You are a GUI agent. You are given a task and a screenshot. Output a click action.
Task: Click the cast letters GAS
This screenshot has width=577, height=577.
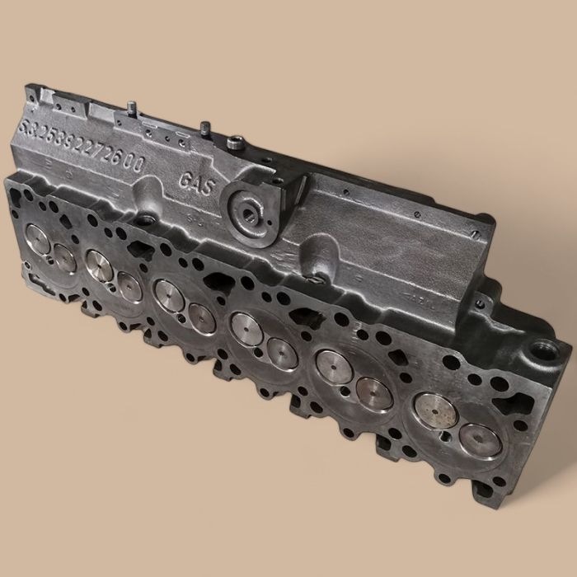tap(197, 183)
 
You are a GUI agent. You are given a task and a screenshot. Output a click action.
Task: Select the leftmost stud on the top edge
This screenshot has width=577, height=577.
tap(130, 108)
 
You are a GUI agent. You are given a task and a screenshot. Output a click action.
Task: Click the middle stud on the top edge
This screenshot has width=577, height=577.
tap(201, 128)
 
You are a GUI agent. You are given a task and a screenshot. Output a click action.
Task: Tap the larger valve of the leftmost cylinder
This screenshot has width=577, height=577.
tap(38, 240)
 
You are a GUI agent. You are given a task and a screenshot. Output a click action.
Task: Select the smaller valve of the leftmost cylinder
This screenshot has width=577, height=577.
tap(65, 258)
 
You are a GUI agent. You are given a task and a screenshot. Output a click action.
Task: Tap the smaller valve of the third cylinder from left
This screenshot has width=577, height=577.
tap(201, 317)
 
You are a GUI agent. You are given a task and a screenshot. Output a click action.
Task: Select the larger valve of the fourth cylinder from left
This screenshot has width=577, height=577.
tap(246, 329)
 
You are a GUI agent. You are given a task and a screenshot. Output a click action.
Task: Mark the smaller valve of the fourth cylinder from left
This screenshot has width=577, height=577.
tap(282, 353)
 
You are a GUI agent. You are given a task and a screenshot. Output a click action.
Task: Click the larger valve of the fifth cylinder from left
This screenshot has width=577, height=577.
tap(334, 366)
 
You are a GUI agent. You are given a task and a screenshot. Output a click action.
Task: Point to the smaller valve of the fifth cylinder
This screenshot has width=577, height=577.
tap(373, 392)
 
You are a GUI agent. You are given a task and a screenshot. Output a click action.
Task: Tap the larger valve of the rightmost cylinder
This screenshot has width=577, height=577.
tap(434, 409)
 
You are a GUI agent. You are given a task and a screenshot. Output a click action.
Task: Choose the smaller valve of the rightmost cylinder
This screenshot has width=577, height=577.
tap(479, 439)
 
